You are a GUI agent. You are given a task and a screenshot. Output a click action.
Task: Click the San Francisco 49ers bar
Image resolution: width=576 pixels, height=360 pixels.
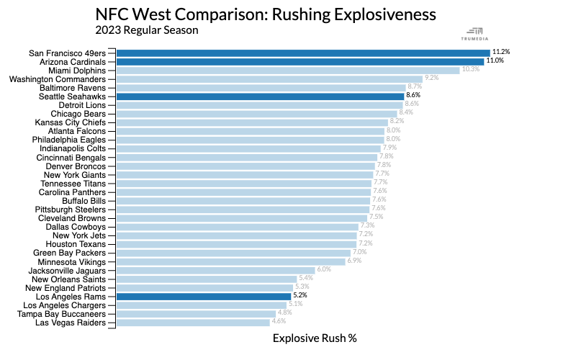302,53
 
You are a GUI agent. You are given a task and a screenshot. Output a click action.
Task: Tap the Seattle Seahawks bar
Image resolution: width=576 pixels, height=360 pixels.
260,96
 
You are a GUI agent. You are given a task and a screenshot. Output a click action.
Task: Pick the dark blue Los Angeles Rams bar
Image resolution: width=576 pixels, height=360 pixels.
204,296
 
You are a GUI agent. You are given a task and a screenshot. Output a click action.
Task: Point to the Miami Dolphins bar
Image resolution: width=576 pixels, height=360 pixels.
288,70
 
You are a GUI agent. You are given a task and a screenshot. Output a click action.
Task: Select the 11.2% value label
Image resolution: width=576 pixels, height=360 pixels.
501,53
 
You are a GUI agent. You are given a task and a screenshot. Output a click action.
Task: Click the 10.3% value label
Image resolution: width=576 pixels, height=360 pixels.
470,70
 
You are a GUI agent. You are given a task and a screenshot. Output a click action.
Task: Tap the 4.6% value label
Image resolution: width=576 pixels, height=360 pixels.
279,323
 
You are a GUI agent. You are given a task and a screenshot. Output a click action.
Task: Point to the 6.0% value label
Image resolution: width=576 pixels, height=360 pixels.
324,270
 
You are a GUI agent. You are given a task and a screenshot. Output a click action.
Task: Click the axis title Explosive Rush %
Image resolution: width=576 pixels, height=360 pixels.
315,338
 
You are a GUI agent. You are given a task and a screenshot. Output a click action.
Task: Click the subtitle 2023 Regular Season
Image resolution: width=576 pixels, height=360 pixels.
146,30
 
